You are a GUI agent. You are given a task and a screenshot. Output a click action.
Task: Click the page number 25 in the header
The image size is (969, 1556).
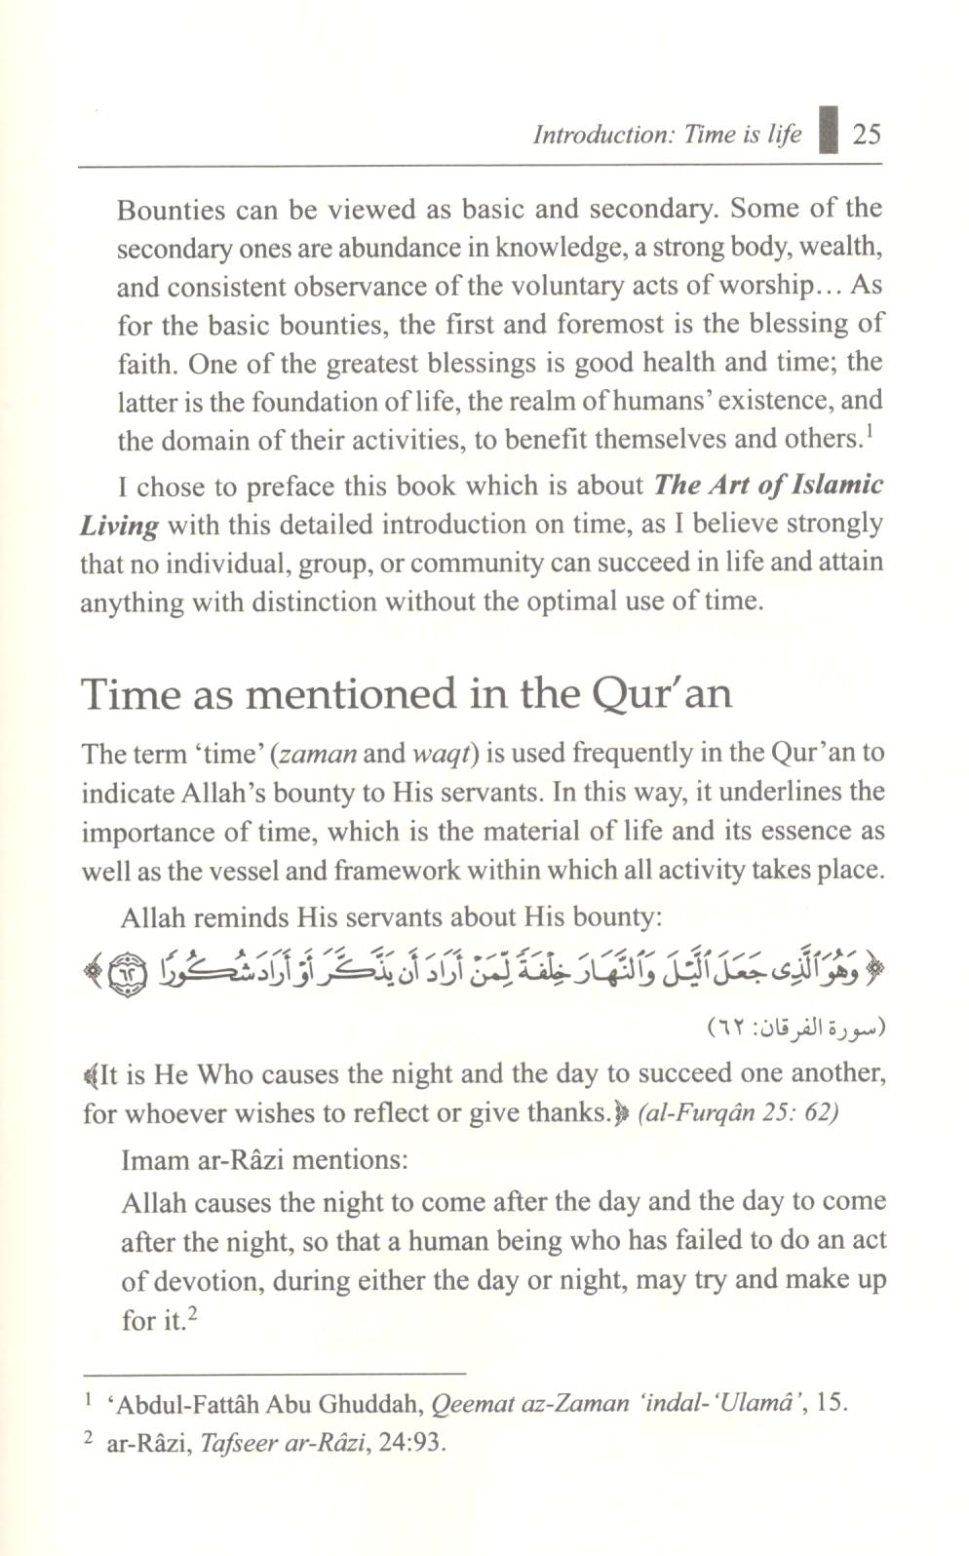866,133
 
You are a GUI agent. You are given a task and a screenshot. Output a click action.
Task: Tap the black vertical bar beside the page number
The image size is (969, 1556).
829,131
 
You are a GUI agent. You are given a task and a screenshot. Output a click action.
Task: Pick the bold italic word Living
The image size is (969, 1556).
119,526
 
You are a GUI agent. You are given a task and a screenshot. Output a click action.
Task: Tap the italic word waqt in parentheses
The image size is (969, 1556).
445,754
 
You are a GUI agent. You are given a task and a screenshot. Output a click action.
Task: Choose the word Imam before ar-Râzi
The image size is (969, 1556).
154,1160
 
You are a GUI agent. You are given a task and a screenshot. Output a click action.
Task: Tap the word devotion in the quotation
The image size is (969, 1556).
202,1280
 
